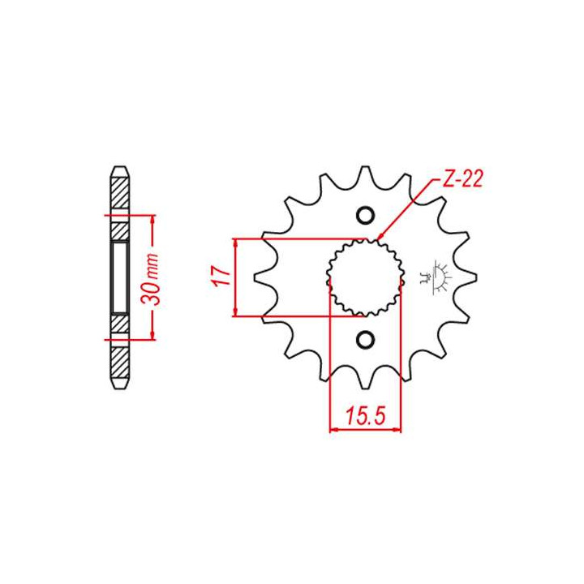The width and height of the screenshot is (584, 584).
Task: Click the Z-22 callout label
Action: [462, 179]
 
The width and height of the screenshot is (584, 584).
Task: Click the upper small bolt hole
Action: [365, 216]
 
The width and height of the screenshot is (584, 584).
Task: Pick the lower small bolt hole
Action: [365, 338]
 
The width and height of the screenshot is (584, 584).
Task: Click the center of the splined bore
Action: [365, 277]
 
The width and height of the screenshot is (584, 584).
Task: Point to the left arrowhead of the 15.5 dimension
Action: [333, 429]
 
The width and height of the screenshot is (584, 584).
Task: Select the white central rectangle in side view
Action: [119, 277]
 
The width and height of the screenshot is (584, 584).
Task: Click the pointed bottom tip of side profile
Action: [119, 387]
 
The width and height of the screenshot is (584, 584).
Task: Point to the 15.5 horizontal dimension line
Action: [365, 429]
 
